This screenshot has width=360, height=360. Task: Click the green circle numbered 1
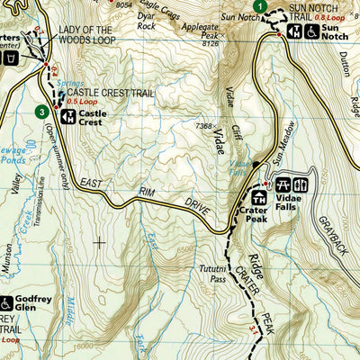click(259, 7)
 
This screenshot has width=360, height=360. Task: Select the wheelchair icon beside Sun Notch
click(311, 31)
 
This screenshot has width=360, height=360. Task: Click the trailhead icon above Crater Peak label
click(259, 197)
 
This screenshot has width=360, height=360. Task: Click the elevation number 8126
click(211, 42)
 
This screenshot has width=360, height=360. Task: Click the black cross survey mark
click(99, 241)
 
